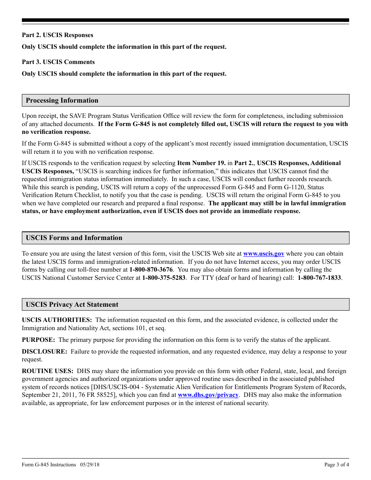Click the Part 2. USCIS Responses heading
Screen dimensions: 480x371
click(x=57, y=35)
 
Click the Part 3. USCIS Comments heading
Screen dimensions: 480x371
click(x=58, y=62)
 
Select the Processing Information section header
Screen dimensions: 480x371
click(x=62, y=100)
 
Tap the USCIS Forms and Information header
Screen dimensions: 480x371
click(x=74, y=238)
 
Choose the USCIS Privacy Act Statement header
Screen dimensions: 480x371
click(x=72, y=304)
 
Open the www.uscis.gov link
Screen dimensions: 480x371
click(x=264, y=254)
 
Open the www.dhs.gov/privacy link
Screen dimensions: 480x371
click(x=208, y=395)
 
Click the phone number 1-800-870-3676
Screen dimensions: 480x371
click(x=151, y=270)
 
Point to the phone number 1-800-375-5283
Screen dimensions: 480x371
click(x=164, y=278)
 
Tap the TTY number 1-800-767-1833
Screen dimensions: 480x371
click(x=319, y=278)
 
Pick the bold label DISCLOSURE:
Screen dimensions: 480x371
click(x=45, y=352)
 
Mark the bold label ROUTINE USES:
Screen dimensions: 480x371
click(x=48, y=371)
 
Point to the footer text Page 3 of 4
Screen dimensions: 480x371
click(x=337, y=464)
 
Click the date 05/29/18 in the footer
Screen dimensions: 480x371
click(x=90, y=464)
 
